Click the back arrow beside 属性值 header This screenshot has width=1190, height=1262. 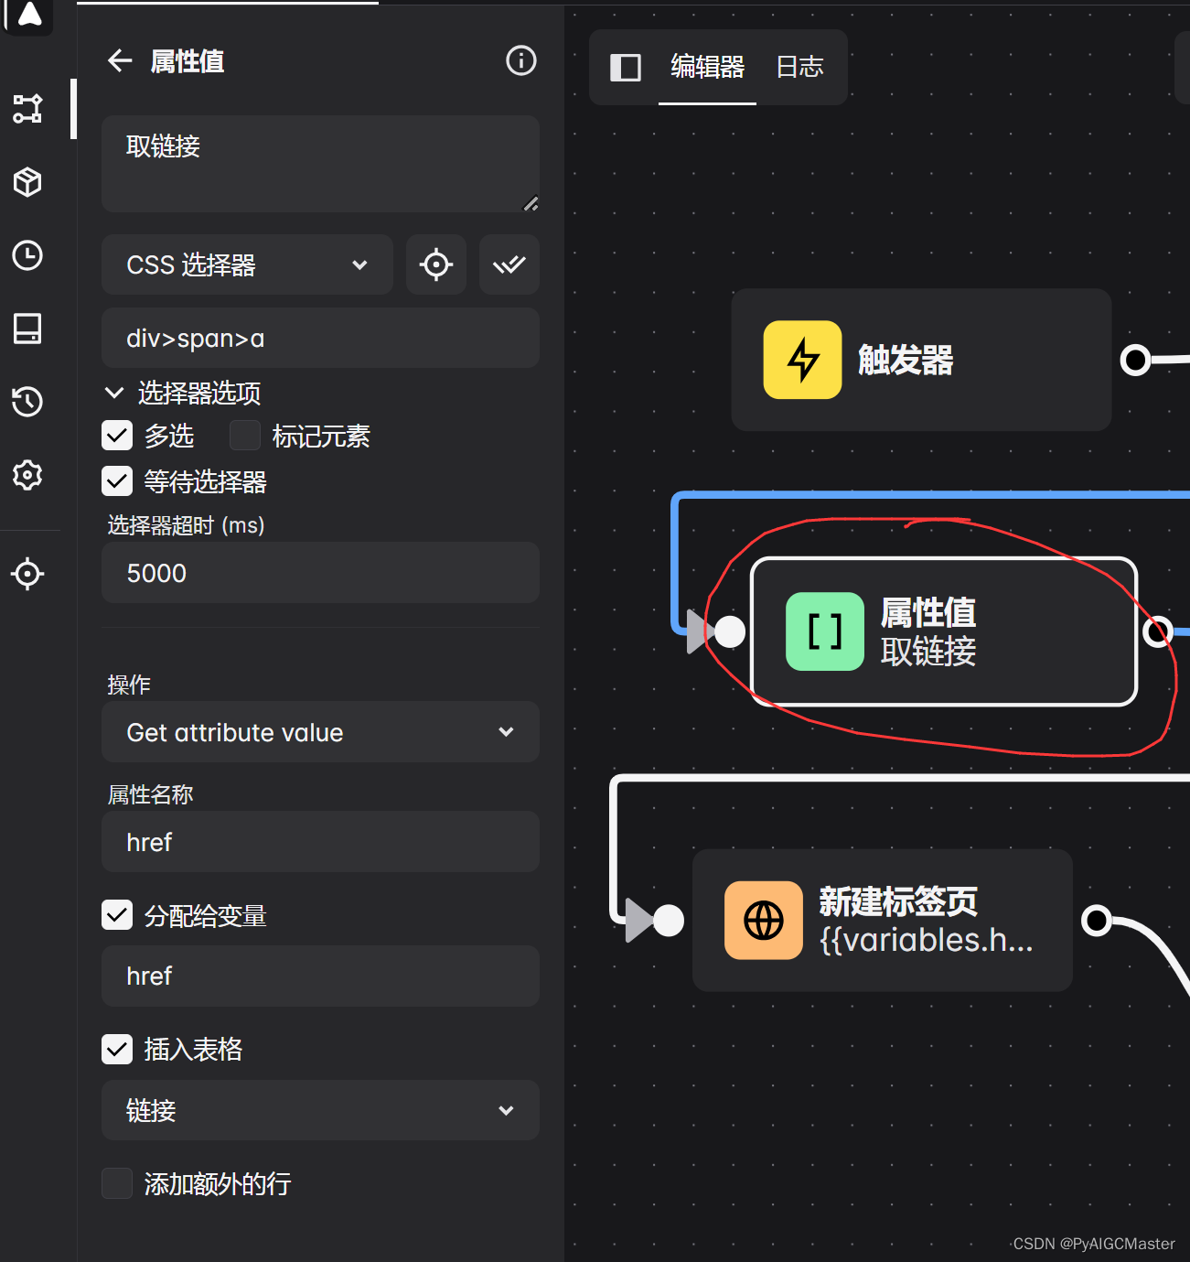tap(120, 61)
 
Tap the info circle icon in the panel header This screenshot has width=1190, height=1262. tap(521, 61)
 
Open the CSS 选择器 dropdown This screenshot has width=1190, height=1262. tap(247, 265)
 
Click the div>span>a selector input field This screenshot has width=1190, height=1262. tap(320, 339)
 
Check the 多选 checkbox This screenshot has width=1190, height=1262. tap(117, 436)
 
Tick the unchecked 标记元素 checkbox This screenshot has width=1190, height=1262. tap(245, 436)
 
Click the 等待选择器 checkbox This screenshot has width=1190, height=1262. tap(117, 481)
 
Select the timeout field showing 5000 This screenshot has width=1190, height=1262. tap(320, 573)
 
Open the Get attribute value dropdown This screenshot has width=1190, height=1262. tap(320, 732)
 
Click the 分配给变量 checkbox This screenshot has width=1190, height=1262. tap(117, 915)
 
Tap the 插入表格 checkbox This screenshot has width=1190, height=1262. tap(117, 1049)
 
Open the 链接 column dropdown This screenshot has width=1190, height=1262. tap(320, 1110)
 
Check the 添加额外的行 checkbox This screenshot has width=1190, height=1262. tap(117, 1183)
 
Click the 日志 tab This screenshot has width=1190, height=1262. tap(799, 67)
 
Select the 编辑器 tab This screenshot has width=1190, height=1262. tap(707, 67)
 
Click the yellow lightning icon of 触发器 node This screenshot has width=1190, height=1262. tap(802, 360)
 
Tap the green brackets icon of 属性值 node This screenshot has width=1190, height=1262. tap(824, 631)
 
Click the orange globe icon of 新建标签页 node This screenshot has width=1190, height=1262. tap(764, 920)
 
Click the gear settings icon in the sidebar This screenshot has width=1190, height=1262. tap(27, 475)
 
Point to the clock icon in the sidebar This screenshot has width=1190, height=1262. tap(27, 255)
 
